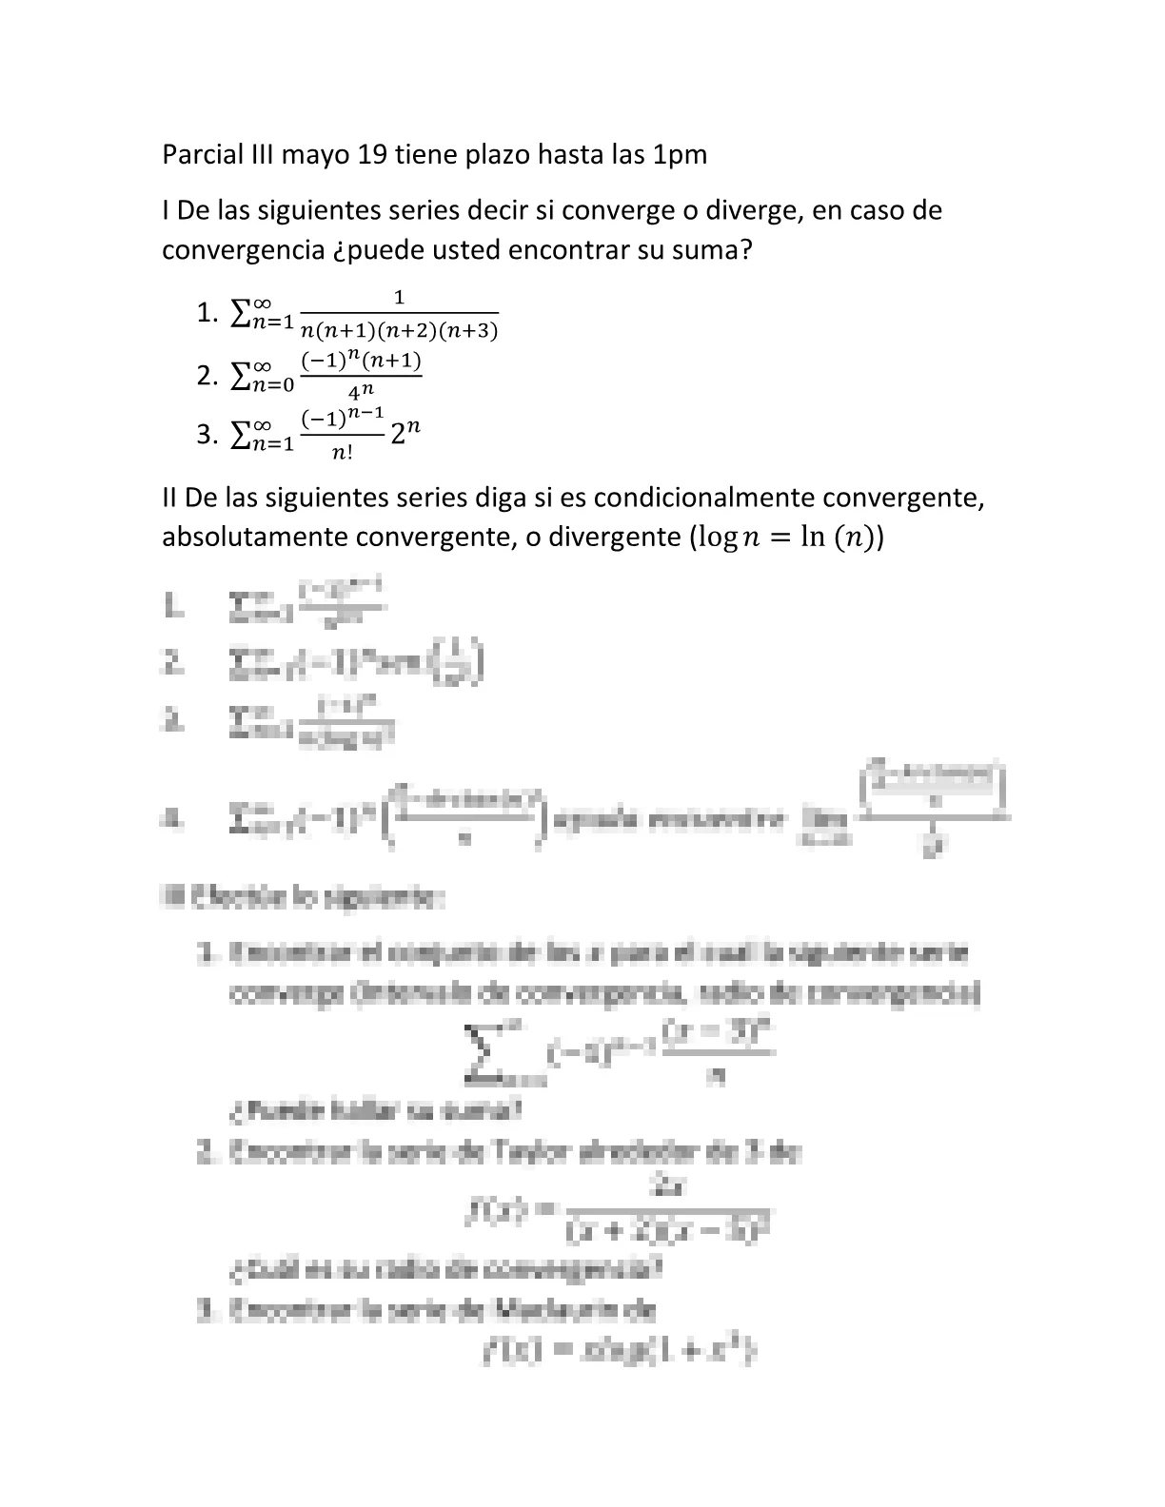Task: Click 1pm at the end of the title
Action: coord(679,154)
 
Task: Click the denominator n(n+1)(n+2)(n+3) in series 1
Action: coord(399,331)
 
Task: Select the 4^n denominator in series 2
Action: coord(361,391)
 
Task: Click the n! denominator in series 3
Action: coord(343,453)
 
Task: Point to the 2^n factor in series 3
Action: coord(405,433)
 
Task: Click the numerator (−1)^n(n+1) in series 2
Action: coord(361,362)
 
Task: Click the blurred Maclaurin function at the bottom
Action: coord(619,1351)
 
